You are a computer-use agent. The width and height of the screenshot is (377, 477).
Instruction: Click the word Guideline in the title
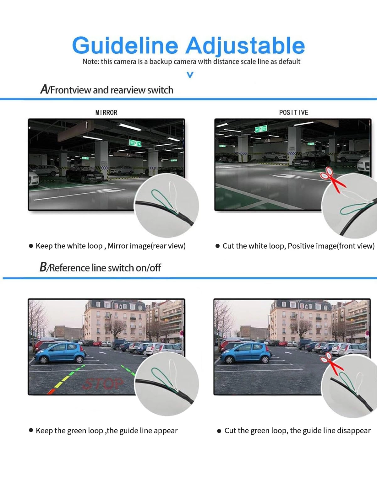pyautogui.click(x=125, y=46)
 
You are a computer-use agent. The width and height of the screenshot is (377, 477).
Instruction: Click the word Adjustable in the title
pyautogui.click(x=245, y=46)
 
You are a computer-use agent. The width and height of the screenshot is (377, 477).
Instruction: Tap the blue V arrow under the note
pyautogui.click(x=190, y=75)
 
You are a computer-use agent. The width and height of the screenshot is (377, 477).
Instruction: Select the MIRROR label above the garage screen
pyautogui.click(x=106, y=112)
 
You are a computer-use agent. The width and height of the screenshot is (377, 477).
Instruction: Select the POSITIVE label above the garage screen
pyautogui.click(x=293, y=112)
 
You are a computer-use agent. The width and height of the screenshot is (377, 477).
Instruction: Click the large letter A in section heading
pyautogui.click(x=44, y=89)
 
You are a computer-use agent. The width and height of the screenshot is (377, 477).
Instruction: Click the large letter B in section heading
pyautogui.click(x=43, y=267)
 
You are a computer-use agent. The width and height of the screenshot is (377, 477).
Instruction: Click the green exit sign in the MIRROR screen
pyautogui.click(x=135, y=143)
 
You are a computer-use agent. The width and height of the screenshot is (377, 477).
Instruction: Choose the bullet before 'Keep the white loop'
pyautogui.click(x=31, y=246)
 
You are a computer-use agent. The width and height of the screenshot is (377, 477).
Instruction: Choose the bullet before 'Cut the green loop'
pyautogui.click(x=219, y=431)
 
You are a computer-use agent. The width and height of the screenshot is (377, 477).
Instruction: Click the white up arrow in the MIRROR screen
pyautogui.click(x=87, y=125)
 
